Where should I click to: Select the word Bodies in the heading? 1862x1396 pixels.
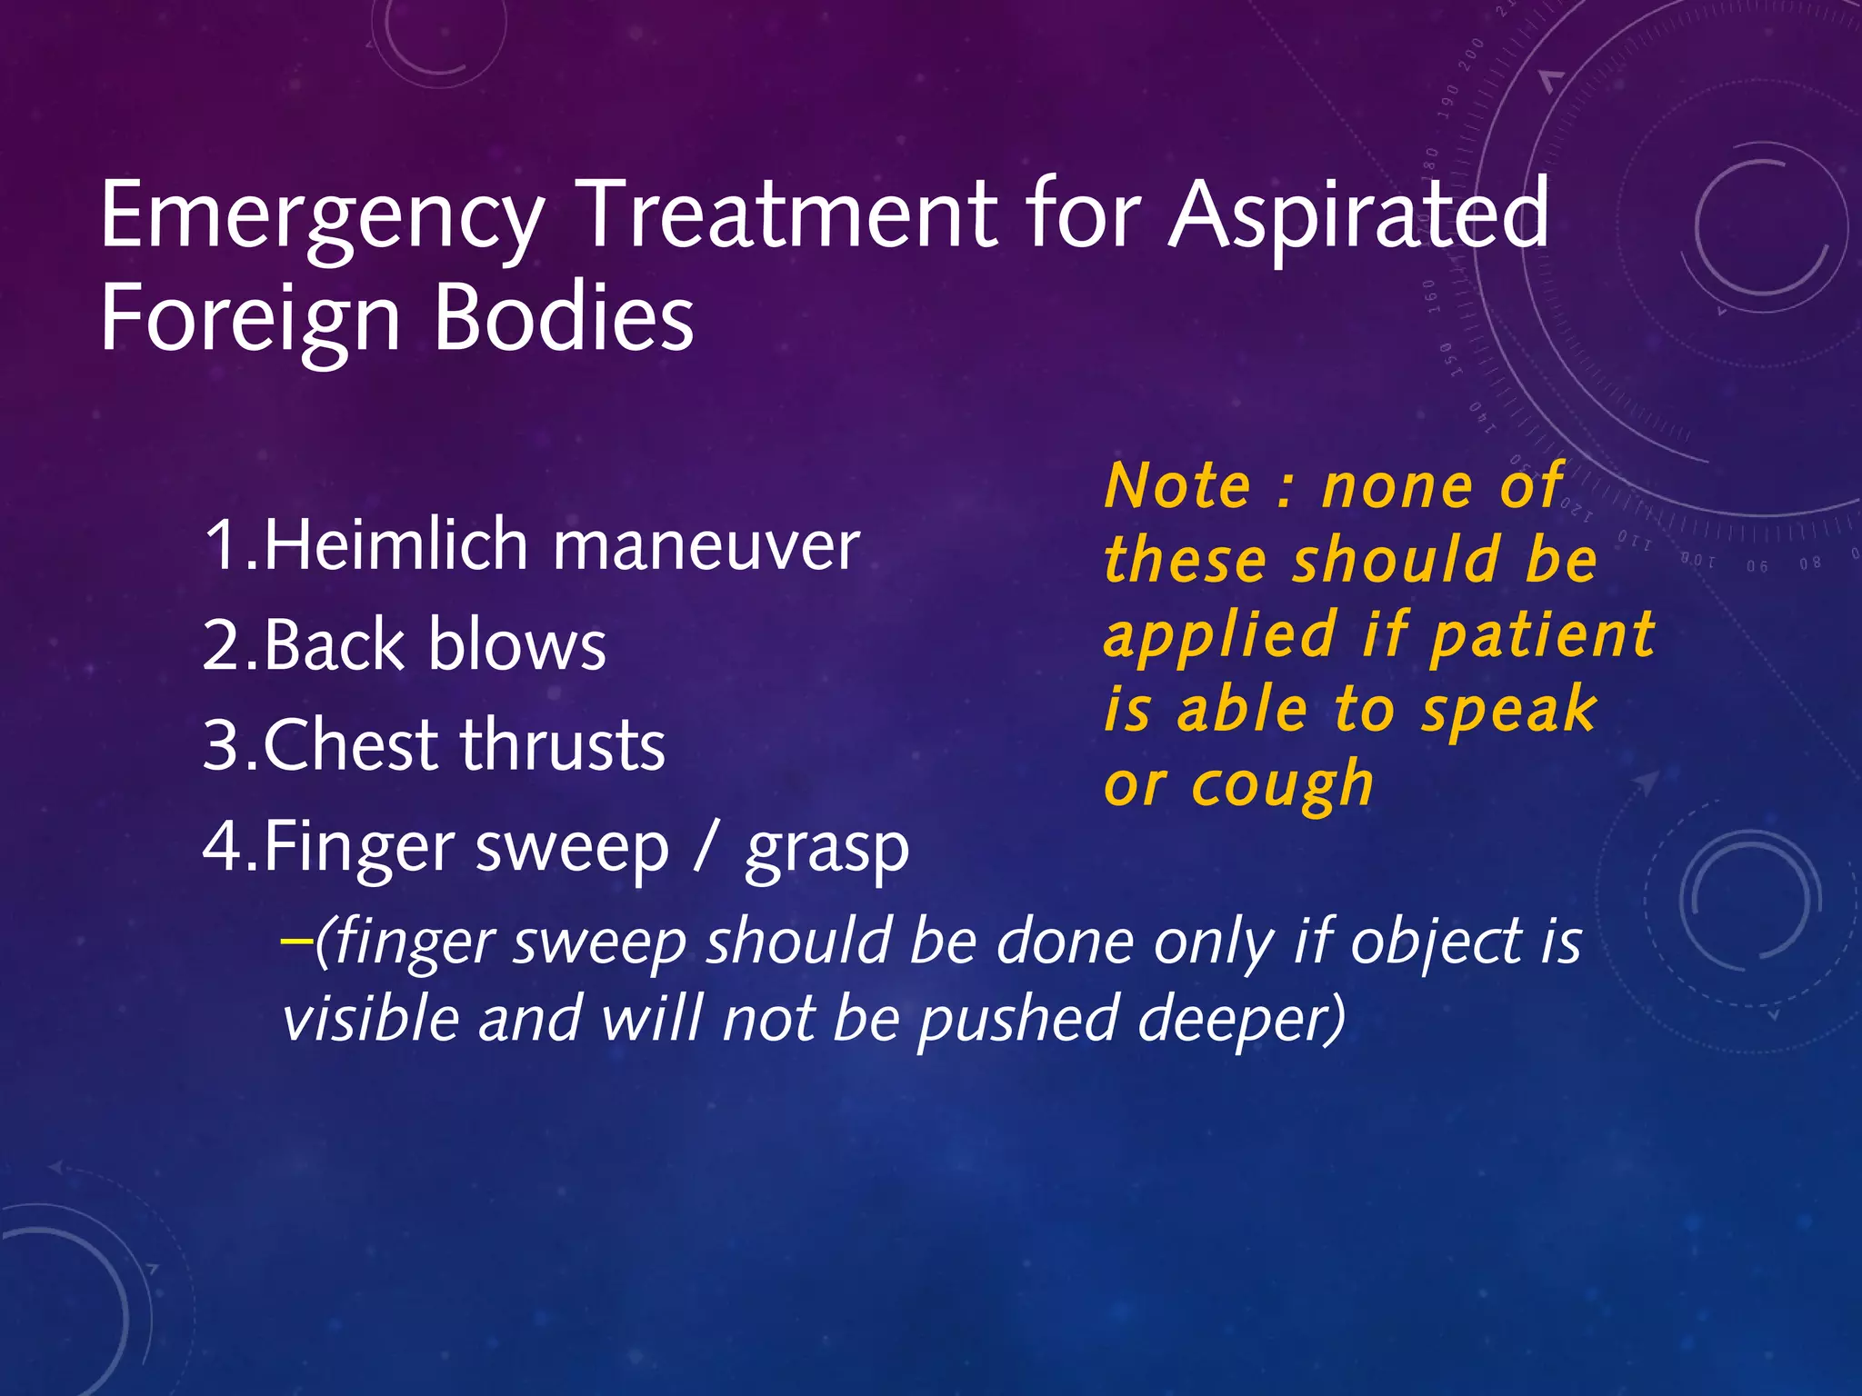point(564,318)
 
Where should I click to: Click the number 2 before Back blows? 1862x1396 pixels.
point(221,645)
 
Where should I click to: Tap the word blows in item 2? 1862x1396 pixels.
point(516,645)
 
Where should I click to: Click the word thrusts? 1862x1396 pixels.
point(563,745)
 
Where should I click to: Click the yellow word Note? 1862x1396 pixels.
point(1178,486)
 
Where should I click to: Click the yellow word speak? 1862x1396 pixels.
point(1508,712)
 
